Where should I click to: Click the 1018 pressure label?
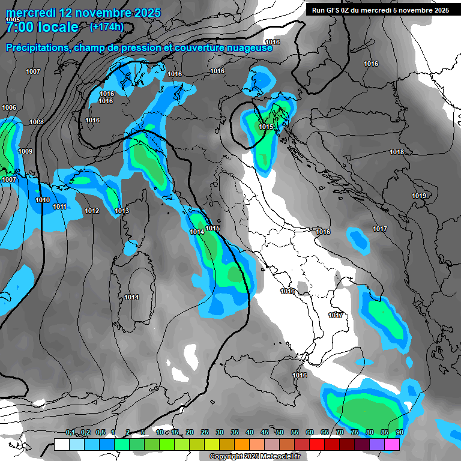coord(397,152)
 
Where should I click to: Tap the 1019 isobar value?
coord(419,196)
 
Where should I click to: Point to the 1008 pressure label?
coord(37,122)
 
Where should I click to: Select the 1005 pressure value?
coord(13,20)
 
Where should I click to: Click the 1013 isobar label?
coord(122,211)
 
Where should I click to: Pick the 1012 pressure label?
coord(92,211)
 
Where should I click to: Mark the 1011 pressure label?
coord(59,207)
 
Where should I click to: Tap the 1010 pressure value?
coord(43,200)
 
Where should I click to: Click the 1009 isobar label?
coord(25,152)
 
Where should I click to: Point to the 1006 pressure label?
coord(9,108)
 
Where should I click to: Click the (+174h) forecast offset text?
coord(106,26)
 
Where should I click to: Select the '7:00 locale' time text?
coord(42,27)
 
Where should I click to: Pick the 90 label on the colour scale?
coord(399,433)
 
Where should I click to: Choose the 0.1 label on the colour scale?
coord(70,433)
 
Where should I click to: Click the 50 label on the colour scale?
coord(280,433)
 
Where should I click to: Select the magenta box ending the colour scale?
coord(392,444)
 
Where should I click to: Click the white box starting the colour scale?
coord(61,444)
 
